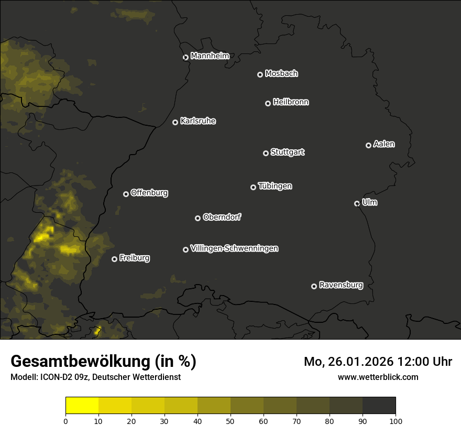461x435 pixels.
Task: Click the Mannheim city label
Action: click(x=210, y=56)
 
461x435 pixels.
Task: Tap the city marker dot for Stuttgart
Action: click(x=266, y=153)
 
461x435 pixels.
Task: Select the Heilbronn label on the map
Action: click(x=291, y=102)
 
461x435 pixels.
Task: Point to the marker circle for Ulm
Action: click(x=357, y=203)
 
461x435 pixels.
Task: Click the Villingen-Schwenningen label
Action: click(x=234, y=248)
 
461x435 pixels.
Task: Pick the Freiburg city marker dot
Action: click(x=114, y=259)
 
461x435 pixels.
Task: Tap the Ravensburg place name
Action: click(x=341, y=285)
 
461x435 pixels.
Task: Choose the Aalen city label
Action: click(x=384, y=144)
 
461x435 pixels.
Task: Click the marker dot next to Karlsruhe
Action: click(x=175, y=122)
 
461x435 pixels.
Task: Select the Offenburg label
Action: click(x=149, y=193)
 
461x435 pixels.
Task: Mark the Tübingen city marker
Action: click(x=253, y=187)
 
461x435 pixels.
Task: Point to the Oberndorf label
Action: click(x=222, y=217)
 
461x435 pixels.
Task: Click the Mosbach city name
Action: click(x=281, y=74)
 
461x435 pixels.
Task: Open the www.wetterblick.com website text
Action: click(x=378, y=377)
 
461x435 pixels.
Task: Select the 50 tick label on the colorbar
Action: click(x=230, y=420)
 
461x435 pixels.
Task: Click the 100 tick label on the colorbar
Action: click(x=396, y=420)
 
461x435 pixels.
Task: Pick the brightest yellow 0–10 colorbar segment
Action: click(x=82, y=405)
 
